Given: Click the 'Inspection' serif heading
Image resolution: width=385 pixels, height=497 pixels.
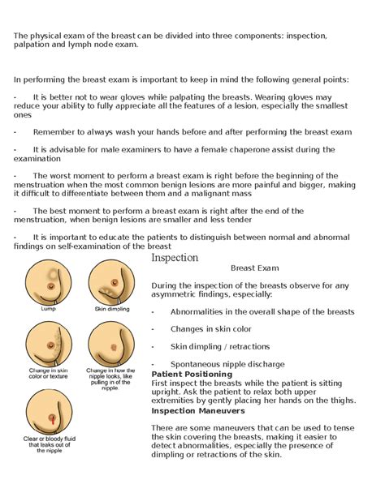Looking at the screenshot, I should (175, 258).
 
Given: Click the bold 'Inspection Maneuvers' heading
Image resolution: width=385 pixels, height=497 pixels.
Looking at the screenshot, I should (198, 411).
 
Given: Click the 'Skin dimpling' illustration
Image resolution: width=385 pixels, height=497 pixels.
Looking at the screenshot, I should (110, 281).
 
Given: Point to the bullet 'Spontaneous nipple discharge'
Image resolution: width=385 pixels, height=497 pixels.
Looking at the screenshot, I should (227, 364).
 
